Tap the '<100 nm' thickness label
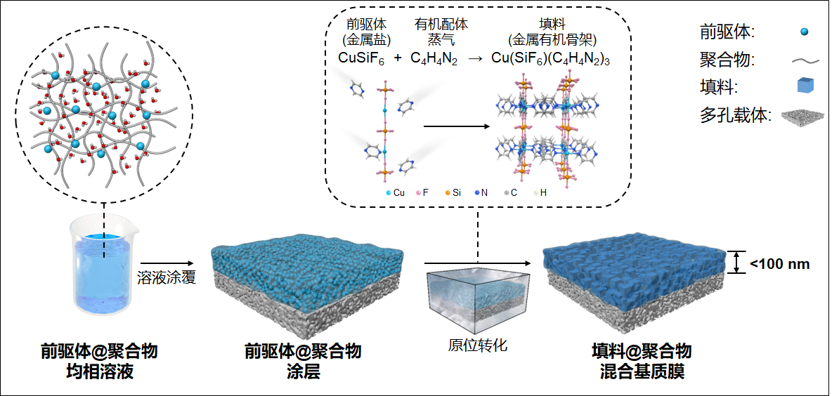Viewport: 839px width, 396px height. tap(780, 264)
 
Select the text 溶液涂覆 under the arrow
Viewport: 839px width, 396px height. tap(166, 278)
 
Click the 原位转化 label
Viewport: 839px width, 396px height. tap(477, 345)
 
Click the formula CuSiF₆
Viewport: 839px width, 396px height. tap(360, 59)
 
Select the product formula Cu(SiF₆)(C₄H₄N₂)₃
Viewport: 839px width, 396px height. tap(550, 59)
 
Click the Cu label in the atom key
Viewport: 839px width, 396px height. tap(398, 192)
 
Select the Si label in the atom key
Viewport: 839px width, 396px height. tap(456, 192)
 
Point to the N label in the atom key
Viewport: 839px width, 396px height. tap(484, 192)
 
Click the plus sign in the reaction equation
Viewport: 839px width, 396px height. tap(398, 59)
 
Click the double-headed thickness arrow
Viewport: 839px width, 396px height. tap(736, 263)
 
